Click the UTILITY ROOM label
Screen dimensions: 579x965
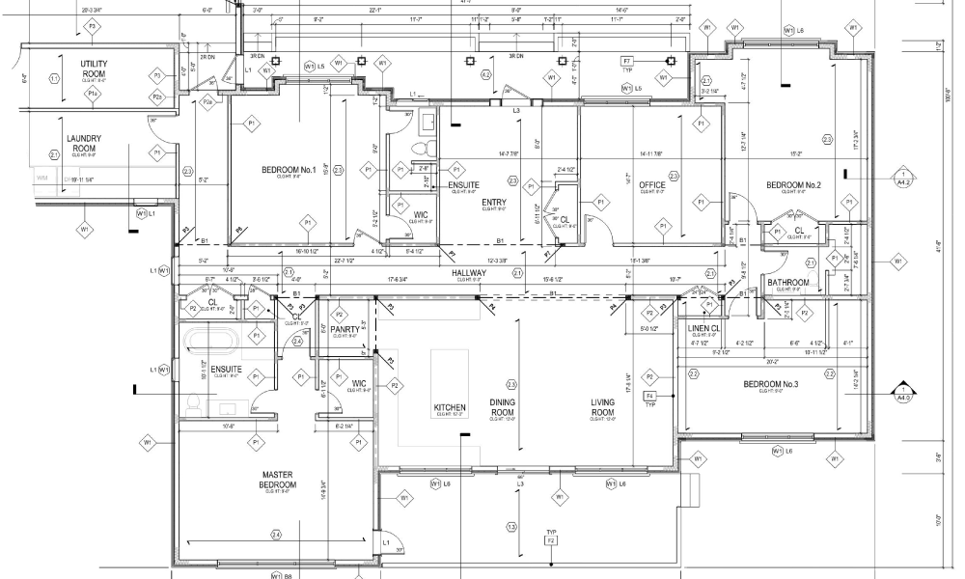pos(94,68)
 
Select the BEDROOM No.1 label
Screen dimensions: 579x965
pos(289,171)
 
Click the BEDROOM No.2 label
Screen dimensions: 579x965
pos(793,185)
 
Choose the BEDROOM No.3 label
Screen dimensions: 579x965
pos(770,385)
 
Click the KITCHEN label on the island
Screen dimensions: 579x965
pos(450,408)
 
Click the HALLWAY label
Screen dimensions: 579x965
pos(468,274)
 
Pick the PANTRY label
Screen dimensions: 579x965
pos(345,329)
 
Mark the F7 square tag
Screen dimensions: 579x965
pos(626,61)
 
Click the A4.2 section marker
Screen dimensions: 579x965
pos(903,178)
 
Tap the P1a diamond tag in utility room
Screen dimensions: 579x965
pos(92,94)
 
